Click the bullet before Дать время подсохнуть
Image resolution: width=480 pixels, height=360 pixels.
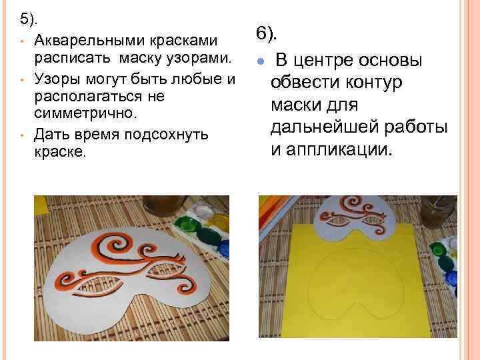pos(22,135)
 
